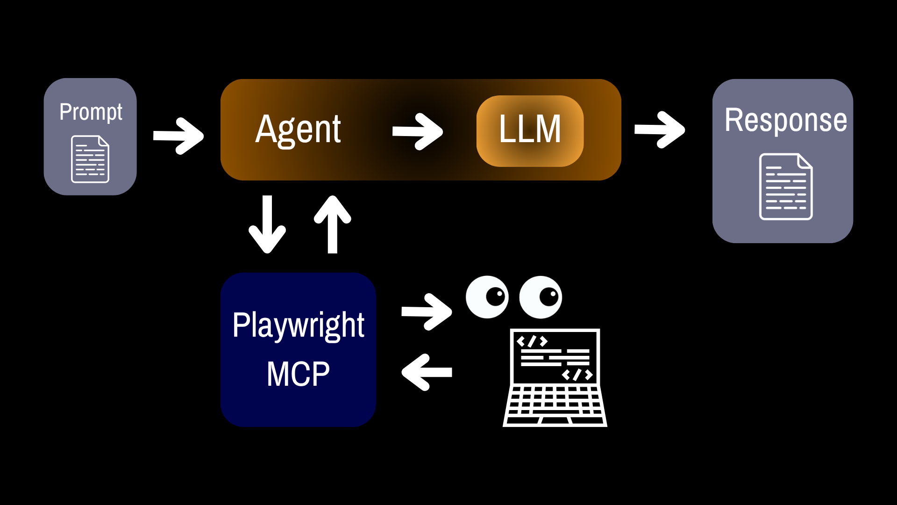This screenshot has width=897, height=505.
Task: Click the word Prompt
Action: [91, 113]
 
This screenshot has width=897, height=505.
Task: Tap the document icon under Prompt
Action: [90, 159]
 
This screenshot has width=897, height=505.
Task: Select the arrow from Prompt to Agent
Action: [178, 136]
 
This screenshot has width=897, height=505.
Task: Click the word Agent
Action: [298, 130]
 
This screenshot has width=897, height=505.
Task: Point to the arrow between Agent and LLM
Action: [418, 131]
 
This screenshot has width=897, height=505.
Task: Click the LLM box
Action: [530, 131]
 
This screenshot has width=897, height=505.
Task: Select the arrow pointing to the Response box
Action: [660, 130]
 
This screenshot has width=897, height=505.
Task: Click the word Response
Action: [786, 120]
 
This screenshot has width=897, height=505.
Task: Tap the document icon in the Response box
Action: [786, 187]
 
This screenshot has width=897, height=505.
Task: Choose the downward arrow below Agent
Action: [267, 224]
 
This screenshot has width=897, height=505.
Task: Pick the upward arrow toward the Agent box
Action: [333, 224]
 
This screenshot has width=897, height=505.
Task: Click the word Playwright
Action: [298, 326]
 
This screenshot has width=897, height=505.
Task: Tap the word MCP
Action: [298, 374]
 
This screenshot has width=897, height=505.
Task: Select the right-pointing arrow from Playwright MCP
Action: [427, 312]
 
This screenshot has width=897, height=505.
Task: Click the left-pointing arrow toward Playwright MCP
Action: [427, 372]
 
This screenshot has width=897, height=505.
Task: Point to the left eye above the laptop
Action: [487, 297]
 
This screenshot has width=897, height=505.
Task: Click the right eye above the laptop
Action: [541, 297]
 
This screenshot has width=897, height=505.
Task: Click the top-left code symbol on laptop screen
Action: [532, 341]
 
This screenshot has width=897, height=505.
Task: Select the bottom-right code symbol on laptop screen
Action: [577, 375]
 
